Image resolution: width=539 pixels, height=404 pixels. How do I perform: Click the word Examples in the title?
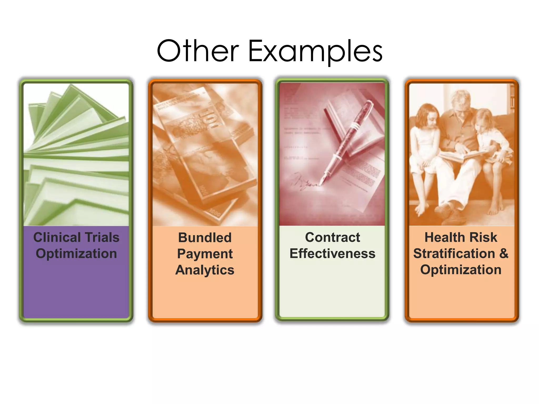(x=315, y=51)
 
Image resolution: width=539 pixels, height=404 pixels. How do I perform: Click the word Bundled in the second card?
(x=205, y=238)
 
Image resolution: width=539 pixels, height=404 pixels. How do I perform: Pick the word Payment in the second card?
(x=205, y=254)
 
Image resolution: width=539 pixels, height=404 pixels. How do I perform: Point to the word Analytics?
(x=205, y=270)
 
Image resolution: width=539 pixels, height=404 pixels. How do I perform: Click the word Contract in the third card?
(x=332, y=237)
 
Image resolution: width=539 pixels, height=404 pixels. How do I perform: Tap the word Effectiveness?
(x=332, y=254)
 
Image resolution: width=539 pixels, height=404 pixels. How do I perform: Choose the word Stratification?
(x=454, y=254)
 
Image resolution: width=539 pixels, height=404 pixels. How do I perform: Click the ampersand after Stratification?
(x=503, y=254)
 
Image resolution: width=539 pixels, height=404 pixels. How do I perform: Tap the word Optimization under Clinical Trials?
(x=76, y=254)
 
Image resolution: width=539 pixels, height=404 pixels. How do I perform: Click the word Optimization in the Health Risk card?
(x=461, y=270)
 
